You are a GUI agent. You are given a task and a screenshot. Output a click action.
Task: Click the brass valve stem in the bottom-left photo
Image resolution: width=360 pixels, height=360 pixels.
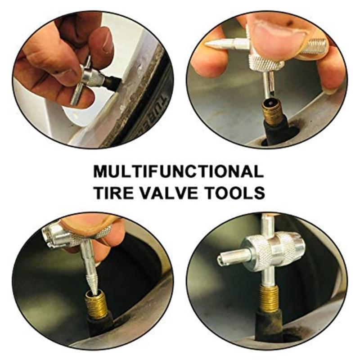[x=96, y=304]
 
